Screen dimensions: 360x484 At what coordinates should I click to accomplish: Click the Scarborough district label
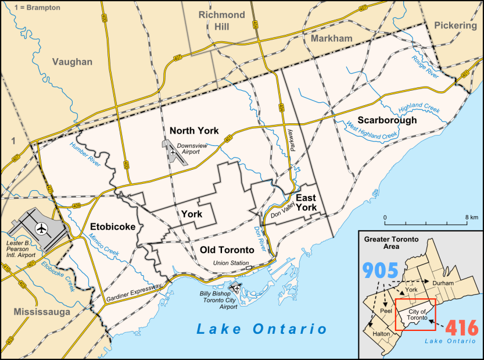(x=387, y=120)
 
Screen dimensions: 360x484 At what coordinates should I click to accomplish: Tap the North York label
(x=194, y=130)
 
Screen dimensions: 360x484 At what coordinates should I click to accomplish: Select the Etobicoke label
(x=113, y=226)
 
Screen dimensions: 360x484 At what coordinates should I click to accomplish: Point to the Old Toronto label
(x=227, y=250)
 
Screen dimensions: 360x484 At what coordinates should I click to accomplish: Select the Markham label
(x=332, y=38)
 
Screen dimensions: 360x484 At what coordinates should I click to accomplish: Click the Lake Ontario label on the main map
(x=261, y=329)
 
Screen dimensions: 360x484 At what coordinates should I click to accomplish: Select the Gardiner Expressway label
(x=134, y=294)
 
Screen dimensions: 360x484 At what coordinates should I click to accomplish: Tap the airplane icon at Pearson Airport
(x=41, y=227)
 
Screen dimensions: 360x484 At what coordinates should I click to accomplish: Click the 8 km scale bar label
(x=471, y=217)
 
